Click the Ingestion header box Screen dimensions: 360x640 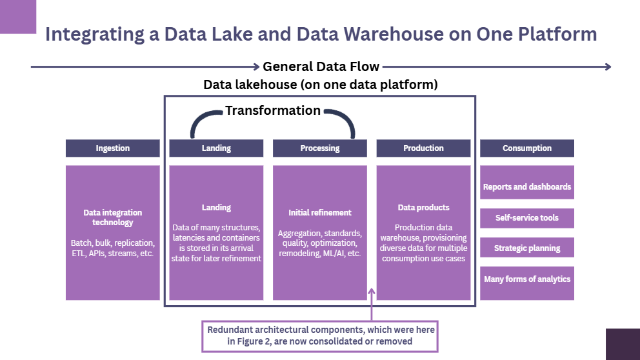tap(112, 148)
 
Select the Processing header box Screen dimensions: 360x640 tap(319, 148)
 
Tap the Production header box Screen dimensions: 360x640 tap(423, 148)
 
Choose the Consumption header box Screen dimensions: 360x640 tap(526, 148)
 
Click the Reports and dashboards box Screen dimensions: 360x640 tap(526, 187)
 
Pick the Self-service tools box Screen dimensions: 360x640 tap(526, 218)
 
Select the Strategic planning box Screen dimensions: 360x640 tap(526, 248)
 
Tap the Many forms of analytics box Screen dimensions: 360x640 tap(526, 279)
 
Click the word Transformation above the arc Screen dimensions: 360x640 tap(273, 111)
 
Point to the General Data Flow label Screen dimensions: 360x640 tap(321, 66)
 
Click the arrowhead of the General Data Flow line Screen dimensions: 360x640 tap(607, 66)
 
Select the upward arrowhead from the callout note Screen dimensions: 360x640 tap(372, 292)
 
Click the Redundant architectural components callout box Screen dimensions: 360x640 tap(320, 335)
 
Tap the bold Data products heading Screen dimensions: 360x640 tap(423, 208)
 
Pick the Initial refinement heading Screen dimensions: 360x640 tap(319, 213)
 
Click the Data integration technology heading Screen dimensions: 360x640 tap(112, 217)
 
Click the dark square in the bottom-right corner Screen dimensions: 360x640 tap(622, 344)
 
